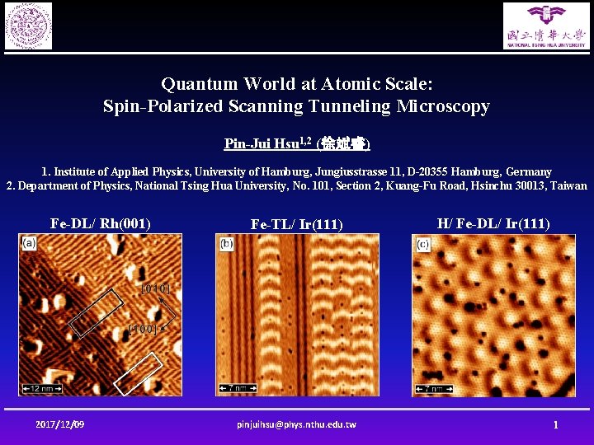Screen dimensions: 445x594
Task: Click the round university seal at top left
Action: (28, 26)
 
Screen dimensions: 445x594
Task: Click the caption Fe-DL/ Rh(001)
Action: (100, 223)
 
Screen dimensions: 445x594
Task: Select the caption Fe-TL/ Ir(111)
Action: (296, 224)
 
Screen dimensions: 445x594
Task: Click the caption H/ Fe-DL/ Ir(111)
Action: (493, 223)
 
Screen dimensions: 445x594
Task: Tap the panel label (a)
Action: (30, 243)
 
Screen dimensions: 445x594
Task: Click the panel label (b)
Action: (226, 244)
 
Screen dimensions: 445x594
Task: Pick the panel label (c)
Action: (423, 244)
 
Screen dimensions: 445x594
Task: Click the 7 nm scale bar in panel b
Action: (235, 387)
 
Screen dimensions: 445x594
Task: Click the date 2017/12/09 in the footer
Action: (60, 424)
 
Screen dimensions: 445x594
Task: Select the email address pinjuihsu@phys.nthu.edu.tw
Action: (296, 424)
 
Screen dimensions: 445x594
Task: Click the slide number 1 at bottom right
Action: (556, 424)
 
